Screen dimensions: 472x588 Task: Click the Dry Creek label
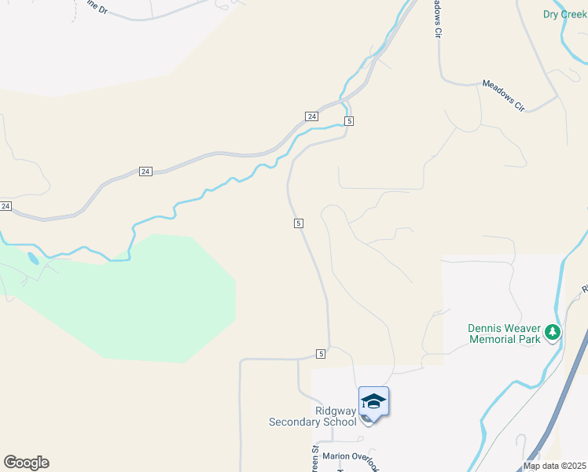pyautogui.click(x=564, y=14)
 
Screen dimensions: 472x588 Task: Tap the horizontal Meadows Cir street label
pyautogui.click(x=503, y=93)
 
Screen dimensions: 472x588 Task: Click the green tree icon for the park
pyautogui.click(x=553, y=334)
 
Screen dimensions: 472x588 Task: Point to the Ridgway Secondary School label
pyautogui.click(x=314, y=416)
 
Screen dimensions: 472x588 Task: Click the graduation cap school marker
pyautogui.click(x=373, y=401)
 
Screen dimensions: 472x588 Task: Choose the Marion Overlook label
pyautogui.click(x=351, y=456)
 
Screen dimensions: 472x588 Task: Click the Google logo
pyautogui.click(x=26, y=463)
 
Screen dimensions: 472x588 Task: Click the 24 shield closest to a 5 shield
pyautogui.click(x=312, y=116)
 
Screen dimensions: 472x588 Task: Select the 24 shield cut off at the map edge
pyautogui.click(x=6, y=206)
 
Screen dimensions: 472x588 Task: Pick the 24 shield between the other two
pyautogui.click(x=145, y=171)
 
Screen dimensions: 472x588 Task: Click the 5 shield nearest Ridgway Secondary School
pyautogui.click(x=321, y=354)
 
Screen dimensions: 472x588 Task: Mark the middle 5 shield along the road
pyautogui.click(x=300, y=223)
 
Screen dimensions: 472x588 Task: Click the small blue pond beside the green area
pyautogui.click(x=32, y=258)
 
